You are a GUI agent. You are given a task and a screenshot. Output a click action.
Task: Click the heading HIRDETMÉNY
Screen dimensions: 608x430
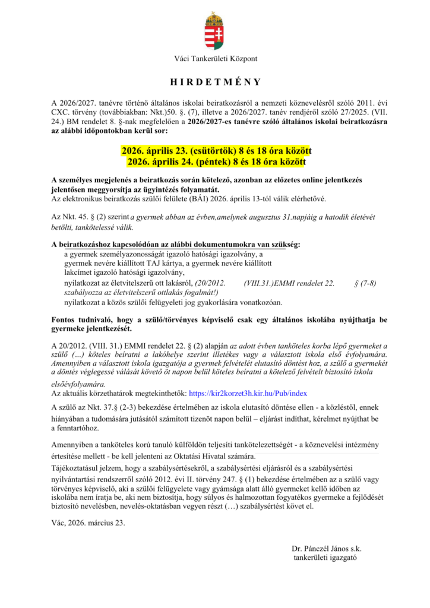click(x=215, y=82)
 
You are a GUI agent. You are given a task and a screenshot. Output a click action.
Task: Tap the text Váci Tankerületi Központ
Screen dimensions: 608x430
click(x=215, y=58)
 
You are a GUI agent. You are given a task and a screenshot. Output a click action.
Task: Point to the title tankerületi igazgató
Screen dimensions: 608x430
click(x=325, y=558)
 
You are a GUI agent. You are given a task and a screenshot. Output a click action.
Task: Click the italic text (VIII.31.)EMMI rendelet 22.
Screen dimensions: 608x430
click(x=289, y=284)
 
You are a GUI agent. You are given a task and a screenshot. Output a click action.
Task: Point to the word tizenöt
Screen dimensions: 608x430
click(x=217, y=419)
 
